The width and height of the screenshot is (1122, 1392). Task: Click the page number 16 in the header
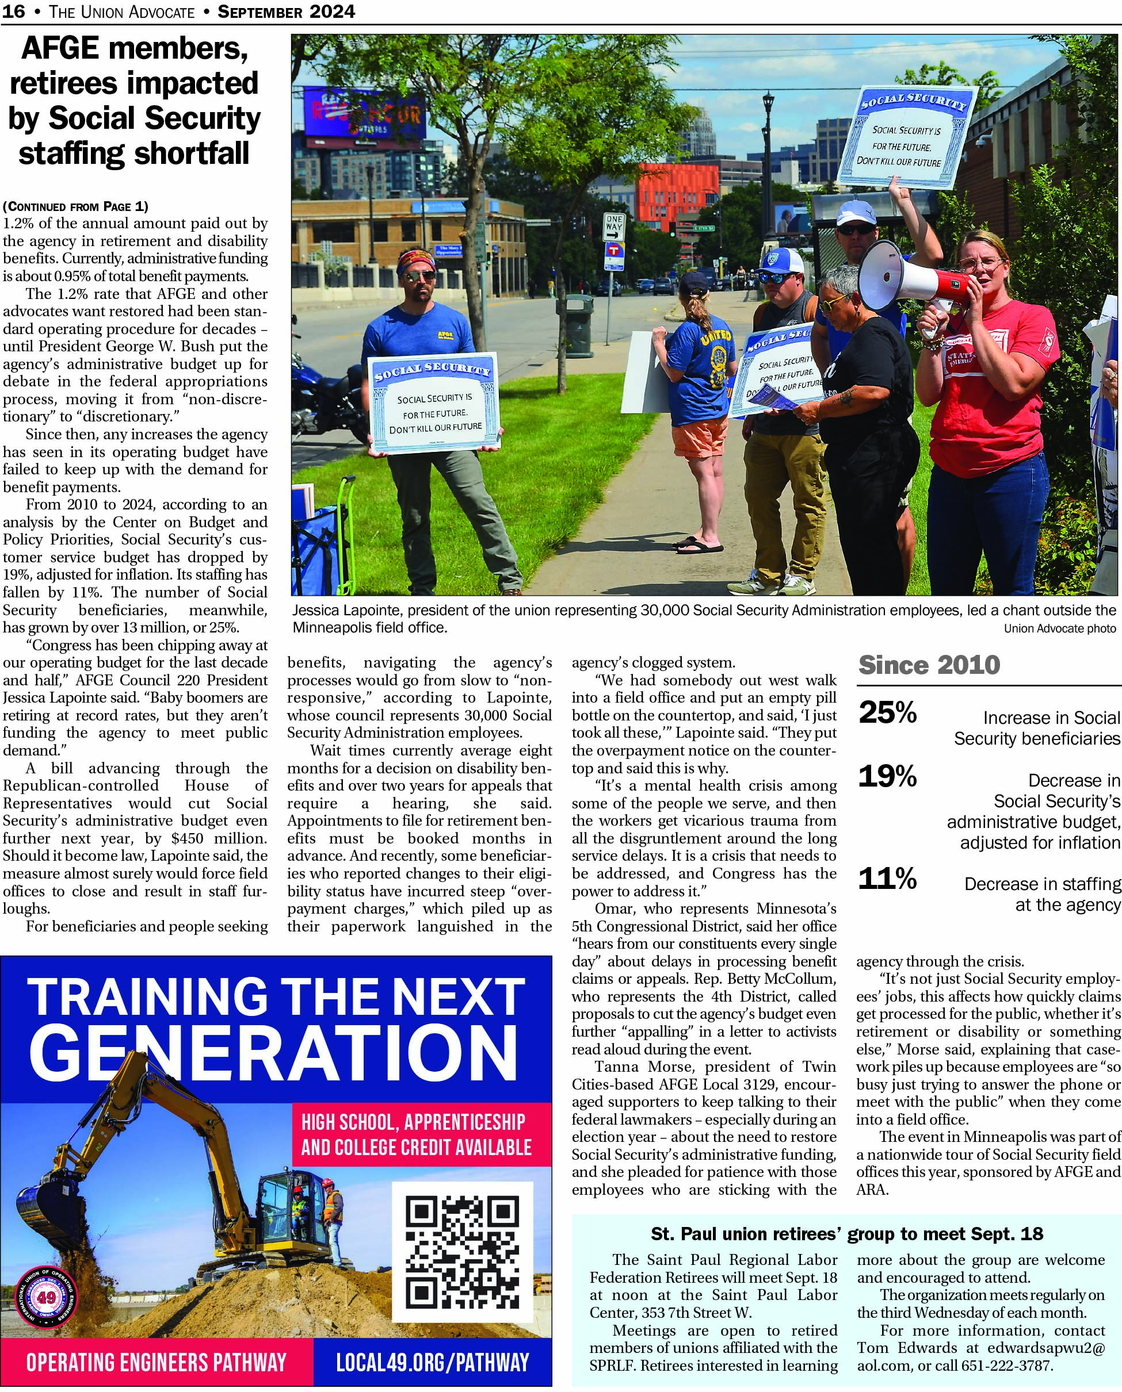point(14,11)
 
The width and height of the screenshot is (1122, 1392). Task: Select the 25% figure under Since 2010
point(887,712)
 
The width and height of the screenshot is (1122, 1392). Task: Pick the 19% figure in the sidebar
point(887,776)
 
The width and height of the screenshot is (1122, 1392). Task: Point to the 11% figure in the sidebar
point(887,878)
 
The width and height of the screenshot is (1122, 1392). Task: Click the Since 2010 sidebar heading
point(929,665)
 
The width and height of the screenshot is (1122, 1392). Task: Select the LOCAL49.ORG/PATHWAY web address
point(432,1362)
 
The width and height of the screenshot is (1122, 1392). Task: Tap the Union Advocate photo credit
point(1059,628)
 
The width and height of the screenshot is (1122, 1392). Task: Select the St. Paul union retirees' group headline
point(846,1234)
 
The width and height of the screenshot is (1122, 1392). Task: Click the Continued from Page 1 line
point(75,206)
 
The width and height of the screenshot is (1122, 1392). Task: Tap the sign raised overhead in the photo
point(907,137)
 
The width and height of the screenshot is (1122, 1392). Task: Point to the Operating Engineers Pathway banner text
point(156,1362)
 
